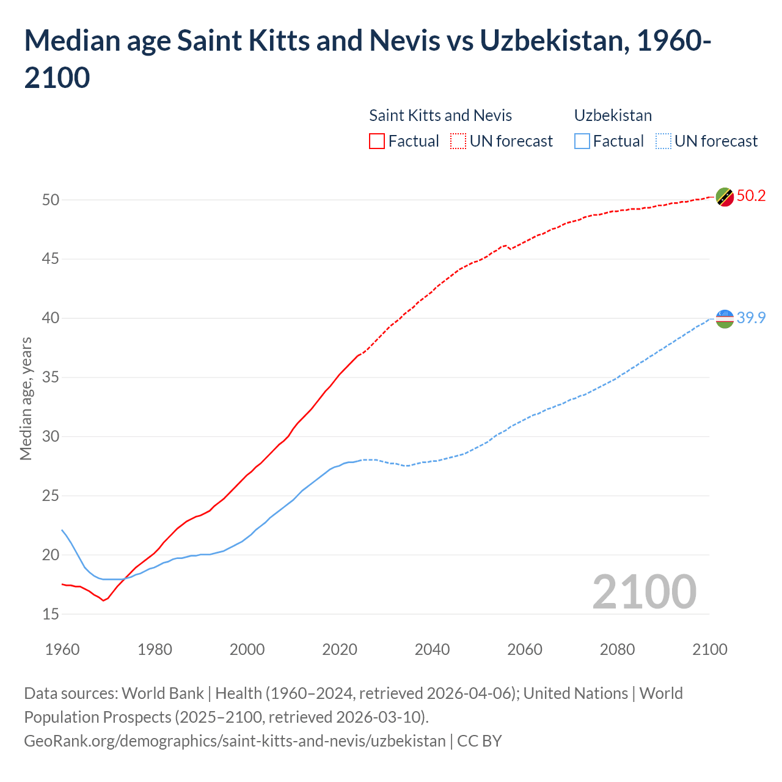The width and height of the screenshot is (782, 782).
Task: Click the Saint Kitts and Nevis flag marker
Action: coord(725,197)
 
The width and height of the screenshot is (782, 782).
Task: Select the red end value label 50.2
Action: coord(751,196)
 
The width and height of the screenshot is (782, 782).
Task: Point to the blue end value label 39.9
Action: coord(751,318)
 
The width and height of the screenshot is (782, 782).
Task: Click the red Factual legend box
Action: coord(377,141)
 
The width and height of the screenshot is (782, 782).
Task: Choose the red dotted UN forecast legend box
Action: coord(458,141)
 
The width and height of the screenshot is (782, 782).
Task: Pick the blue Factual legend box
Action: coord(582,141)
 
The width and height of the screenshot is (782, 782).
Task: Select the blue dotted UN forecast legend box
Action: coord(663,141)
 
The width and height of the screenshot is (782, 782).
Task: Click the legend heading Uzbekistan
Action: coord(613,115)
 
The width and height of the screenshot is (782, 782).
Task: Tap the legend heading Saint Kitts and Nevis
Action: coord(440,115)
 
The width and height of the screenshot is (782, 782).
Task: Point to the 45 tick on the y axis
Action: coord(51,259)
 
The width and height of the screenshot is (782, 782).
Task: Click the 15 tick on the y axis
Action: coord(51,614)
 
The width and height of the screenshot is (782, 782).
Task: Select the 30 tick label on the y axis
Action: coord(51,436)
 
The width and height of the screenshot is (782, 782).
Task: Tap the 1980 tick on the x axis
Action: coord(155,649)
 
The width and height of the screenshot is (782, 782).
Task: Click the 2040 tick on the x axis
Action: coord(432,649)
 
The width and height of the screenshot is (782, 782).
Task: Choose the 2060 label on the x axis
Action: coord(525,649)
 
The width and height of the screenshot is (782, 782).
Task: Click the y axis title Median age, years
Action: coord(26,398)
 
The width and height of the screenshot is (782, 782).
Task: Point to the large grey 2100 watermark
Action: coord(645,592)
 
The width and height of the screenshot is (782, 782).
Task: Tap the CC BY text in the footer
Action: coord(480,741)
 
